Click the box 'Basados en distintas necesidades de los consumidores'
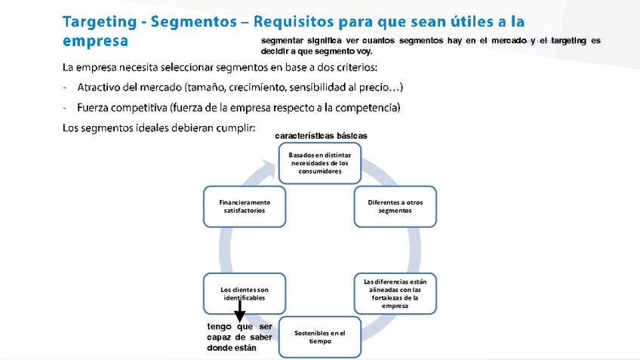pos(321,162)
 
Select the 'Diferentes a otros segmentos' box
pos(395,206)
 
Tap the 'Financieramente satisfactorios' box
pos(245,206)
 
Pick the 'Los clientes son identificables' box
pos(245,294)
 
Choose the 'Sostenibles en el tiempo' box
pos(320,337)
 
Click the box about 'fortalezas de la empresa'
pos(395,294)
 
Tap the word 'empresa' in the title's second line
pos(95,40)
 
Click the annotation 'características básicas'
pos(321,136)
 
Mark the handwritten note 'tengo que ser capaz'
pos(240,327)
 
